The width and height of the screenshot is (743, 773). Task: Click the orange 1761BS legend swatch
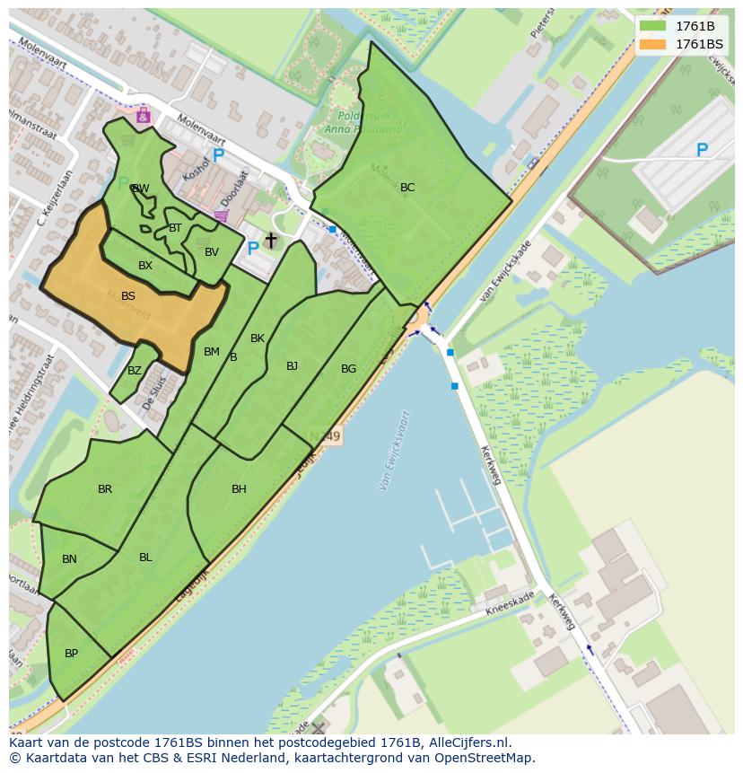(652, 44)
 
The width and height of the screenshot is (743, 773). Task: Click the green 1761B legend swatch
(652, 25)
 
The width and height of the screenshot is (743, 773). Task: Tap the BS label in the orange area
(128, 296)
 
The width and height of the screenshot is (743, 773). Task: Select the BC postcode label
(407, 188)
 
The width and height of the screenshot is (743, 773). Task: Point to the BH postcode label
(239, 489)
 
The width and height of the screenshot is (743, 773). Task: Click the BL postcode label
(145, 558)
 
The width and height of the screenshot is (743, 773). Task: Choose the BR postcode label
(105, 489)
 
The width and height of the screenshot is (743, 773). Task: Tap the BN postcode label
(69, 559)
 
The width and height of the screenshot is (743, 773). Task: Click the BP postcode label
(71, 654)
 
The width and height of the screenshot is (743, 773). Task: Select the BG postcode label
(348, 369)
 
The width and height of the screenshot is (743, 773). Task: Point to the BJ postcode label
(292, 366)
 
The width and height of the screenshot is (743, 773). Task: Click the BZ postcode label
(135, 371)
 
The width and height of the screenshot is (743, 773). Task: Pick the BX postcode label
(145, 266)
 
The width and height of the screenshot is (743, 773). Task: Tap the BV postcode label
(212, 252)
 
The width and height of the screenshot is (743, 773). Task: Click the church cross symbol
(271, 241)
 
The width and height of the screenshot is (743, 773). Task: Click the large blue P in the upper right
(702, 151)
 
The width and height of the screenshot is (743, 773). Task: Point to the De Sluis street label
(155, 392)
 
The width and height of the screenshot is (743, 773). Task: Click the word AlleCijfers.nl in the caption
(469, 742)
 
